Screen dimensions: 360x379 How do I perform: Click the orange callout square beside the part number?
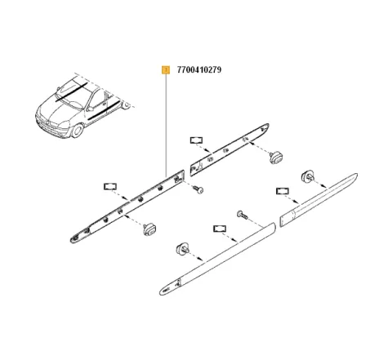(166, 70)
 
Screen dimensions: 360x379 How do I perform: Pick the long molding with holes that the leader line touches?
(123, 208)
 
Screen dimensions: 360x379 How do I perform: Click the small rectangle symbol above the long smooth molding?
(218, 228)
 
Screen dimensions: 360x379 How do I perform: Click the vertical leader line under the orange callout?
(166, 122)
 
